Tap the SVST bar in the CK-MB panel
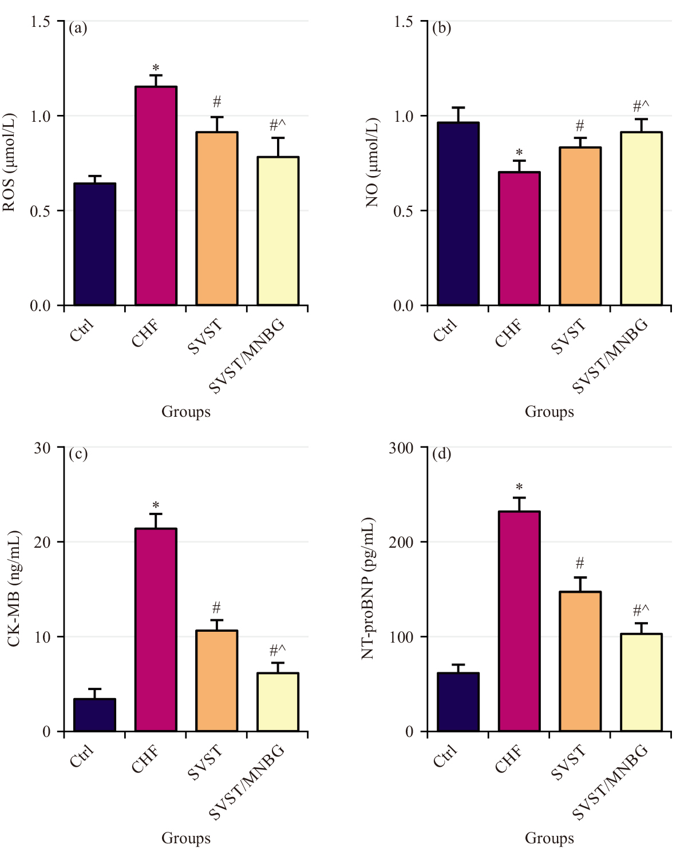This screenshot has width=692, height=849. [216, 680]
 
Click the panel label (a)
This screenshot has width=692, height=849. [78, 27]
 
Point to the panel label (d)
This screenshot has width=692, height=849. [441, 453]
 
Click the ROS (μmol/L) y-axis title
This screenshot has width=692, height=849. [10, 162]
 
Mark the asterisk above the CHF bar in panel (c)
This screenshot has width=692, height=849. [156, 506]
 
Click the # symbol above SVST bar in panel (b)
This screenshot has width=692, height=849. [580, 125]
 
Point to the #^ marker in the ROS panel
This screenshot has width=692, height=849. [277, 125]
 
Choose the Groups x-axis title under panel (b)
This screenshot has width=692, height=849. [549, 412]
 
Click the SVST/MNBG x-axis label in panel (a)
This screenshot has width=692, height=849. [247, 357]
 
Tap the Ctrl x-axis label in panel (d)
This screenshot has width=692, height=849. [445, 756]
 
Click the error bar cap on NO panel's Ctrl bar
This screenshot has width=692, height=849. [458, 107]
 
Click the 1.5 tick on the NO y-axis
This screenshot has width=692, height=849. [404, 22]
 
